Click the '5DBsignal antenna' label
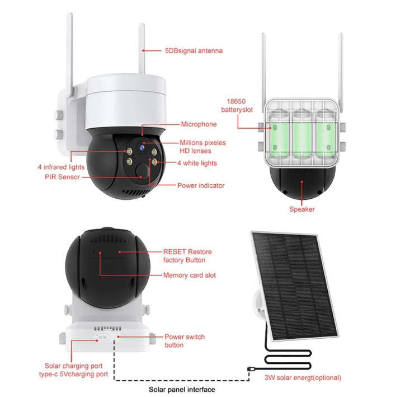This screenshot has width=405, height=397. tap(193, 51)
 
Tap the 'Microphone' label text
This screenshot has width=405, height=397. tap(198, 124)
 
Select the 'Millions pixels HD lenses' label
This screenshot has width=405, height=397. tap(202, 147)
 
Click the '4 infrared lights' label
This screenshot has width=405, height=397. tap(61, 167)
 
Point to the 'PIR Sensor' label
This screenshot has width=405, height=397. tap(62, 176)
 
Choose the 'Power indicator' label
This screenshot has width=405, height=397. tap(201, 185)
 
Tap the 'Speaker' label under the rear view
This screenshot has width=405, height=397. tap(302, 209)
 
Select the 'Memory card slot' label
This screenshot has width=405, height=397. tap(189, 275)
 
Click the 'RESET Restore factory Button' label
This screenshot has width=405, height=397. tap(187, 256)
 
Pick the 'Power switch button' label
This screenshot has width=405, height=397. tap(184, 341)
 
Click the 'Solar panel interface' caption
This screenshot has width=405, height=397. tap(181, 389)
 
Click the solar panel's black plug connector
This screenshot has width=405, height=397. tap(249, 368)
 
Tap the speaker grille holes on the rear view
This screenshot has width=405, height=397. tap(302, 175)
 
